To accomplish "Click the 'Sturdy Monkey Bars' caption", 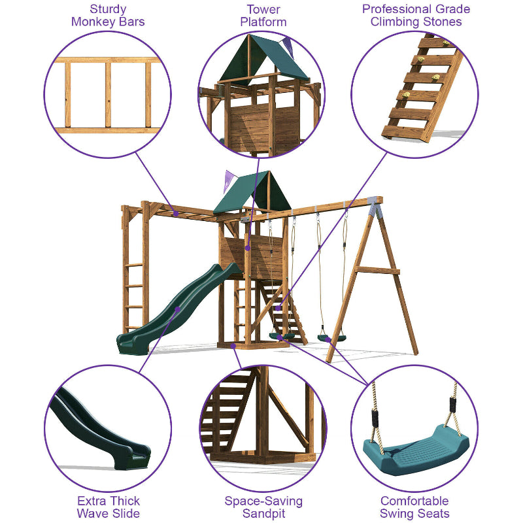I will coord(108,16).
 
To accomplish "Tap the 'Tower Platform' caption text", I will coord(263,16).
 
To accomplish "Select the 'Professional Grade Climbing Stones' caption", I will coord(416,16).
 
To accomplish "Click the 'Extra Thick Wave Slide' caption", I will coord(108,507).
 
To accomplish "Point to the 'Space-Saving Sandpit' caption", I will coord(263,507).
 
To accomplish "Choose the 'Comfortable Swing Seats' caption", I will coord(414,507).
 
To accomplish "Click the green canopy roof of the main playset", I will coord(245,193).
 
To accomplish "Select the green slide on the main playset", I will coord(177,307).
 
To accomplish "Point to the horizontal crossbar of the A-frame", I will coord(377,270).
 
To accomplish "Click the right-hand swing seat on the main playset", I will coord(331,338).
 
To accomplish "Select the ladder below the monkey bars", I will coord(135,288).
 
